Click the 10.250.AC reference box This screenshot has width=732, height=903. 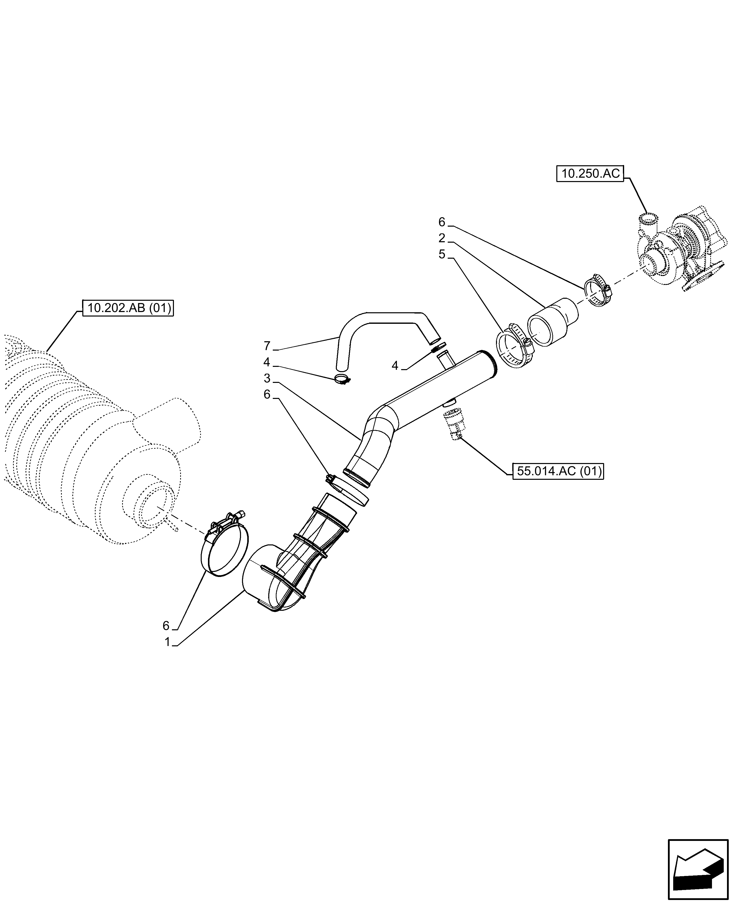pos(590,174)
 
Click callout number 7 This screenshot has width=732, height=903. pos(267,346)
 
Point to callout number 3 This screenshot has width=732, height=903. pos(267,378)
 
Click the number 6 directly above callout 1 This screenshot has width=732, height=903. pos(166,638)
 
